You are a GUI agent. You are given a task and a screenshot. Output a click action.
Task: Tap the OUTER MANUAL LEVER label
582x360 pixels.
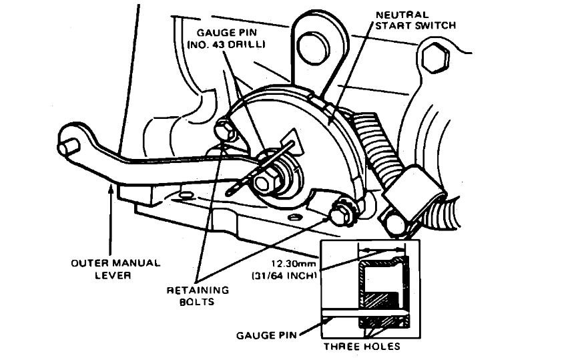116,268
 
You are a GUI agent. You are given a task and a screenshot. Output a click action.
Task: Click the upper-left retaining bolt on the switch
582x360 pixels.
222,128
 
